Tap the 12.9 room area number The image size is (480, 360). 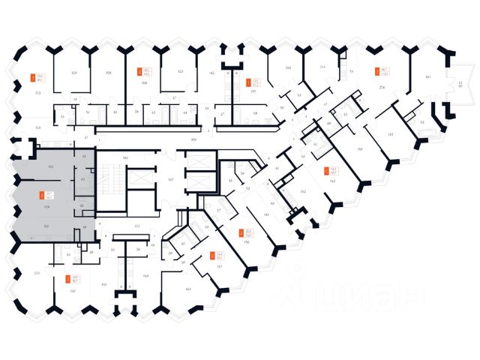point(74,73)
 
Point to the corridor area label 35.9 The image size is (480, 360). point(193,140)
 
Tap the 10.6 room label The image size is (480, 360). point(288,68)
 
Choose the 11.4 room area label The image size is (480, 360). point(322,68)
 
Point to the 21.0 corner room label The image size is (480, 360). point(37,273)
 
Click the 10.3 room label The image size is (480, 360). point(187,289)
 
